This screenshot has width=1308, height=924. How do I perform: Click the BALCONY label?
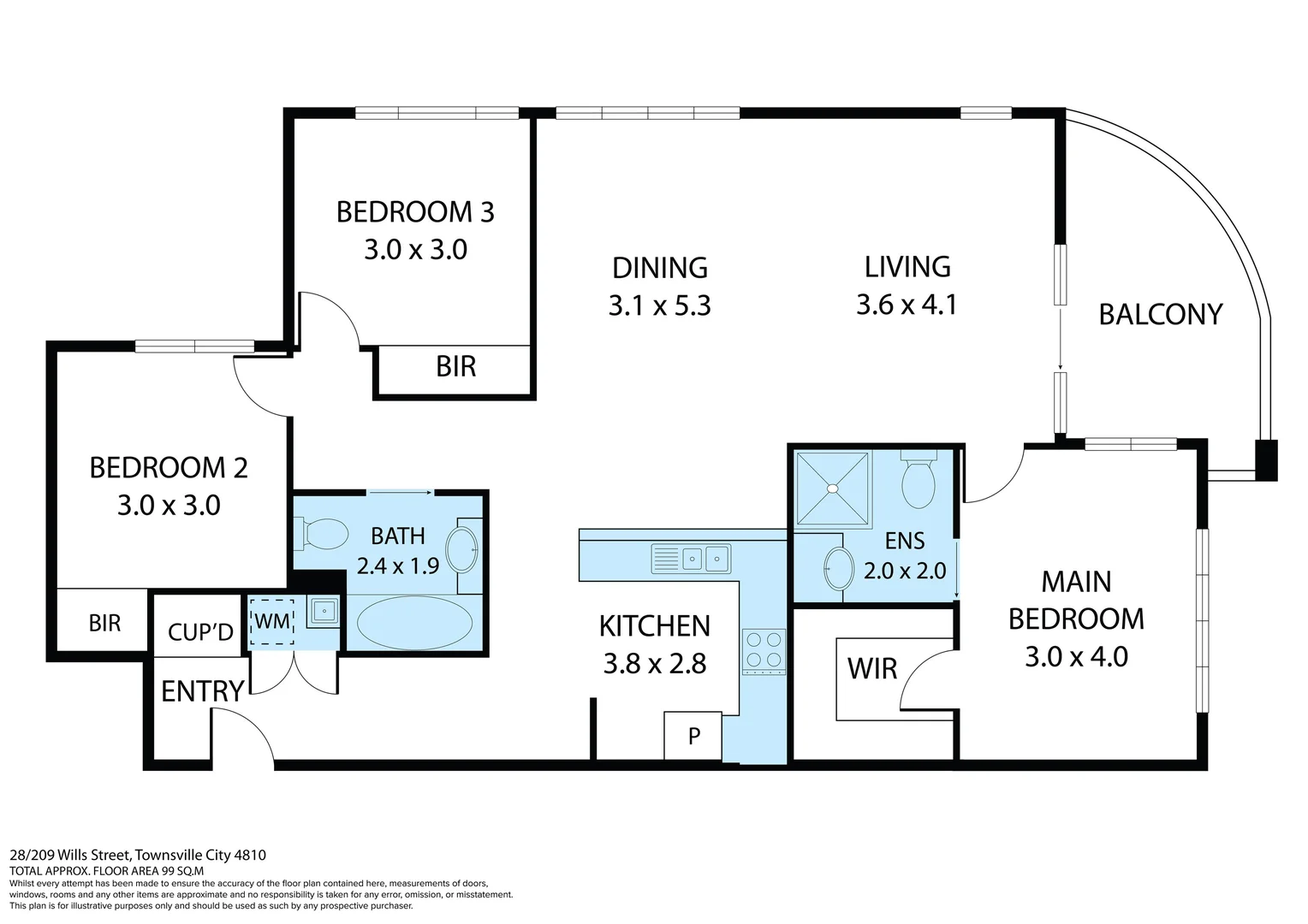click(x=1160, y=315)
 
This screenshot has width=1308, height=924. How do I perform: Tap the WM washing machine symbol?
click(x=272, y=620)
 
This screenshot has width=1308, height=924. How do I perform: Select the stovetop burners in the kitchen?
click(x=764, y=649)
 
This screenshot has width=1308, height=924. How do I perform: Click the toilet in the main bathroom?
click(x=321, y=536)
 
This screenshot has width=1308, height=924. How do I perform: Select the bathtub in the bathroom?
click(x=413, y=623)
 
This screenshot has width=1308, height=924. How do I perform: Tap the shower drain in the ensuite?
click(x=831, y=489)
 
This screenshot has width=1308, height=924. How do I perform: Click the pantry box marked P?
click(x=693, y=735)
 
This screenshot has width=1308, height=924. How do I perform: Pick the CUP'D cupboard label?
click(x=200, y=632)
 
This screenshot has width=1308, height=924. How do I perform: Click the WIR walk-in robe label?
click(x=871, y=668)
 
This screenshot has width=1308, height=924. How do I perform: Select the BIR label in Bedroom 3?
click(x=455, y=367)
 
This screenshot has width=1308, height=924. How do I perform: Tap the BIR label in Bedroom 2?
click(x=104, y=623)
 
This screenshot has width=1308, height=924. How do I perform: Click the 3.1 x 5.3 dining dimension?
click(x=659, y=305)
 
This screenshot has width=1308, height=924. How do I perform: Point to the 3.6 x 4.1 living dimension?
click(x=907, y=305)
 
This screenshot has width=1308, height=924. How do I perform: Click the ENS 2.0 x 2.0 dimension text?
click(x=904, y=571)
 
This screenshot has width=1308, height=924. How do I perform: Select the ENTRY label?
click(x=203, y=690)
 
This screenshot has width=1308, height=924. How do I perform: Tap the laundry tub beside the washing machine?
click(x=324, y=611)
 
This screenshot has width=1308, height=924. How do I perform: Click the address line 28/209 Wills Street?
click(x=138, y=855)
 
